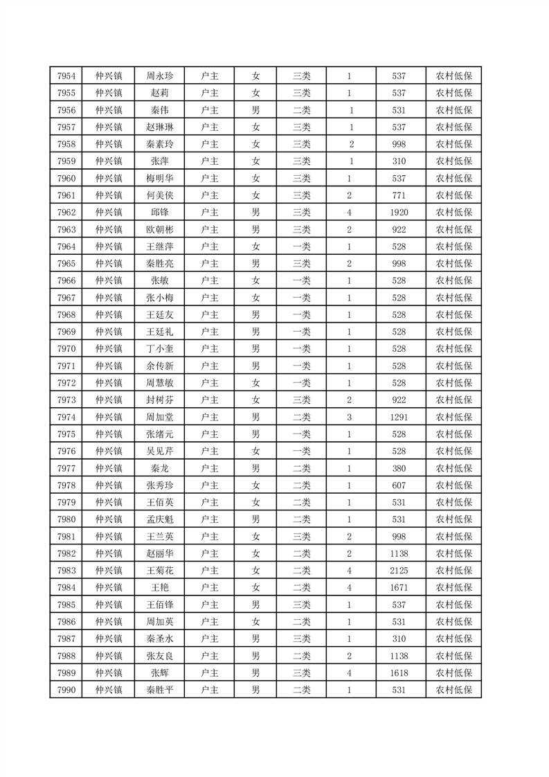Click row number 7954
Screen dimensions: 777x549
coord(66,76)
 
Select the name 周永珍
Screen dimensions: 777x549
coord(159,76)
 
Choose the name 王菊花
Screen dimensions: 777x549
coord(159,570)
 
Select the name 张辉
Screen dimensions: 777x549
coord(159,672)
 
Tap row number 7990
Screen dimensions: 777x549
coord(66,689)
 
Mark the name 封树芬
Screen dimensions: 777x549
coord(159,400)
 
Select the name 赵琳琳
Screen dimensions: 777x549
coord(159,127)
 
